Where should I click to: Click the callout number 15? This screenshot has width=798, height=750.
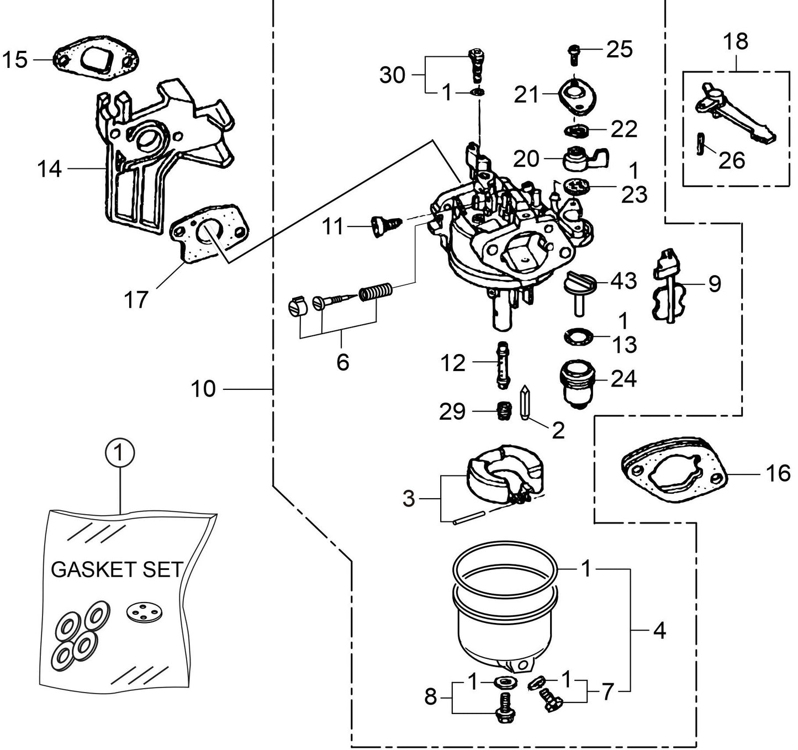coord(15,60)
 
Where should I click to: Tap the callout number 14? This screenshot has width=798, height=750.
coord(49,169)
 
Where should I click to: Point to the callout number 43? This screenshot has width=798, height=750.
coord(623,281)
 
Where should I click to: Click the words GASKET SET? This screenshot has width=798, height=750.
coord(117,569)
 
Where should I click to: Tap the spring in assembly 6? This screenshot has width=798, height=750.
coord(376,291)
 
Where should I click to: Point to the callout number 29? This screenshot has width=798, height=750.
coord(452,411)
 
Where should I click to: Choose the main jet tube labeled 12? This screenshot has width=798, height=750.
coord(503,365)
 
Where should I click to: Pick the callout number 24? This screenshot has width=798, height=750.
coord(623,379)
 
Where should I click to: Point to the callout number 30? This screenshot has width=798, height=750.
coord(392,75)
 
